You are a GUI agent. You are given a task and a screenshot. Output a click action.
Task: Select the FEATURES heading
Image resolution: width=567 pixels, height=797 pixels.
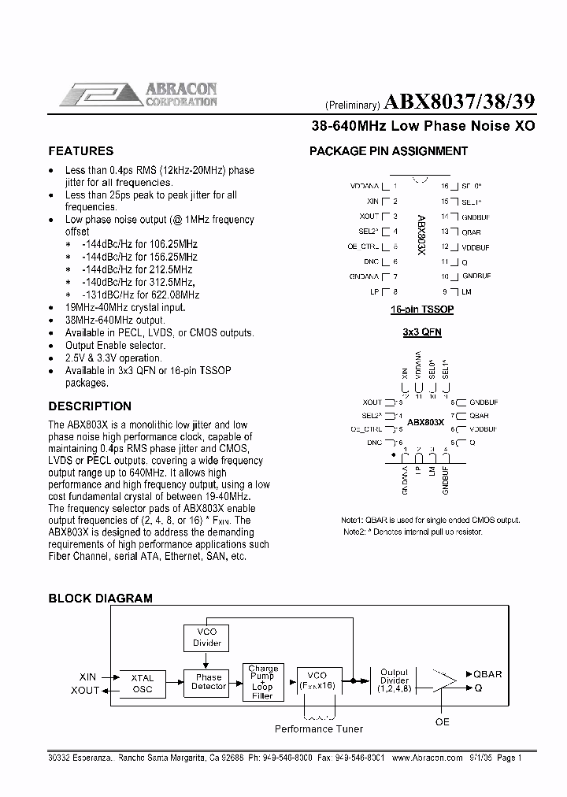point(81,151)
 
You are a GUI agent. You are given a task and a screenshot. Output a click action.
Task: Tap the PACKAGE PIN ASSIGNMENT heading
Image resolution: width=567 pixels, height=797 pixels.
point(388,151)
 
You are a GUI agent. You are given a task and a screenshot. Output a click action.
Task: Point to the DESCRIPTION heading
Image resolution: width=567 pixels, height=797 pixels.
point(90,406)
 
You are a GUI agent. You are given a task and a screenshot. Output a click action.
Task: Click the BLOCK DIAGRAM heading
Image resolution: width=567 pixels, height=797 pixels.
point(101,599)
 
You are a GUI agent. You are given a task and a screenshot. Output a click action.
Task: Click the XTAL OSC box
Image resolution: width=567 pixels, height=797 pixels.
point(143,684)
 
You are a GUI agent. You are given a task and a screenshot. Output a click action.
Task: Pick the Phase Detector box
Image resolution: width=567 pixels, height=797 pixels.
point(209,682)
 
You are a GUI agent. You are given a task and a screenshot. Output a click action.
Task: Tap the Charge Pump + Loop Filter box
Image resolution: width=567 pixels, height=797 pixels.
point(262,682)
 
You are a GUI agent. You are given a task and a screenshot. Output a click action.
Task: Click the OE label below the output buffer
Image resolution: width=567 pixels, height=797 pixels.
point(443,721)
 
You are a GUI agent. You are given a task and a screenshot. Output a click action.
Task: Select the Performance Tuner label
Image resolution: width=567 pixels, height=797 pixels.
point(319,729)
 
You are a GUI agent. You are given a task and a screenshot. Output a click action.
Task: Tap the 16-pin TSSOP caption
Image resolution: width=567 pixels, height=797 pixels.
point(422,310)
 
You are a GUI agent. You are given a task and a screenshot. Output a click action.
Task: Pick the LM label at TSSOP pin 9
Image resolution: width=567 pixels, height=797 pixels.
point(467,291)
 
